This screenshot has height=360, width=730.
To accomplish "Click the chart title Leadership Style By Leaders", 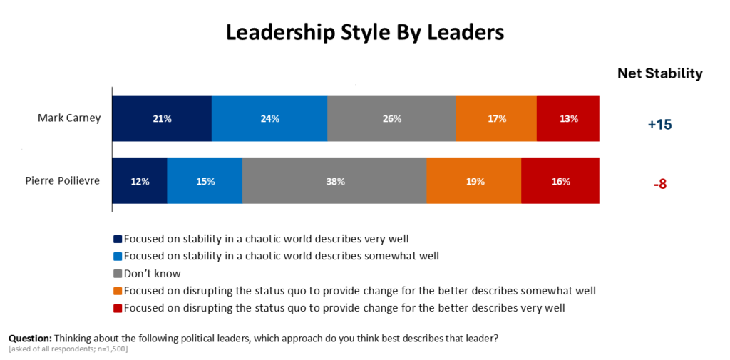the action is [365, 34].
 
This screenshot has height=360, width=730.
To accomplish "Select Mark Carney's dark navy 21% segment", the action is [162, 118].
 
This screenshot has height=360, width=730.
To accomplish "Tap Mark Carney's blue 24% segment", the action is [269, 118].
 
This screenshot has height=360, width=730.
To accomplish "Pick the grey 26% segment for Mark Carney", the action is [391, 118].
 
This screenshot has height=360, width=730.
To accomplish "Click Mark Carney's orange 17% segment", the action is [496, 118].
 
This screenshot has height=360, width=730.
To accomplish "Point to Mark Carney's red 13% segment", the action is [568, 118].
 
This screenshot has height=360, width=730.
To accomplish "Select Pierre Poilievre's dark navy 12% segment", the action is [140, 180].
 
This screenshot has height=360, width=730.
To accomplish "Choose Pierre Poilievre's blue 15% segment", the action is [205, 180].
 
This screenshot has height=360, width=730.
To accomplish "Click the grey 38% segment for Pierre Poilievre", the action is [335, 180].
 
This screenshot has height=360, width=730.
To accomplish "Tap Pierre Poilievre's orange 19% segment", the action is [474, 180].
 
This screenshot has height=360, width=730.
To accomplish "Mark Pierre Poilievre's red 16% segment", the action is [560, 180].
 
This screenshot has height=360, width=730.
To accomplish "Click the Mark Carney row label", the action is [69, 118].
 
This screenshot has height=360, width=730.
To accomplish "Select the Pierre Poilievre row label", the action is [63, 180].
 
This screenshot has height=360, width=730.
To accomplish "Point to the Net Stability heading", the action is [659, 73].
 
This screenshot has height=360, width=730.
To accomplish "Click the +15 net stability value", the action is [659, 125].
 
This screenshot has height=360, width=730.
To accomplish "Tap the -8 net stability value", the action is [659, 184].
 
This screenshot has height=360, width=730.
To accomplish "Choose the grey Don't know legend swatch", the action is [118, 273].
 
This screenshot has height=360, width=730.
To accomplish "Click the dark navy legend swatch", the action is [118, 240].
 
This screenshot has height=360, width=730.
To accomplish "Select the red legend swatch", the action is [118, 308].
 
